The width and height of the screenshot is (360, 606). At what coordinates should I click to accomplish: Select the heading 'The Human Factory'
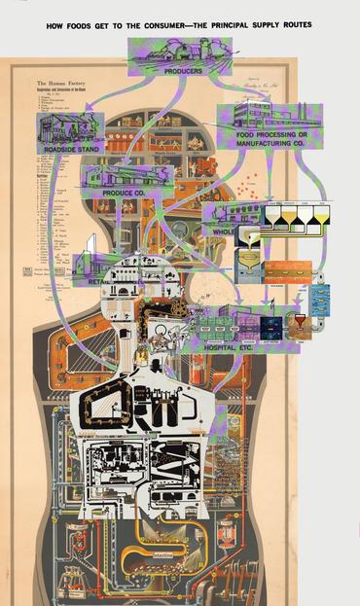(x=60, y=85)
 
